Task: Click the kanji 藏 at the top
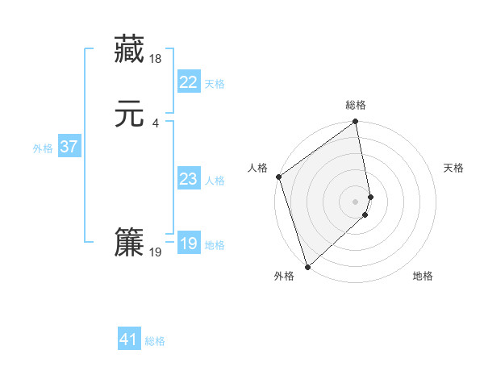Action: click(129, 49)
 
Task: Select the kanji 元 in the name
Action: click(129, 114)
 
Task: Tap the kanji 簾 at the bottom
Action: click(129, 242)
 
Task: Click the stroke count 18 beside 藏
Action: click(156, 59)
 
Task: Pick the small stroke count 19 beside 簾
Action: click(156, 252)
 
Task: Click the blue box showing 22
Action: click(188, 82)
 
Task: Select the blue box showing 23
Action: click(188, 179)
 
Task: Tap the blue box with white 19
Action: click(188, 244)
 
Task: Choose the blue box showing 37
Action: click(69, 147)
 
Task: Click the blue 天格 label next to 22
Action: click(215, 84)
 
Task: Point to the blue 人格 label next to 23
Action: click(215, 181)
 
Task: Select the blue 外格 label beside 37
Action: click(43, 148)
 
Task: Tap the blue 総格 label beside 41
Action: click(155, 342)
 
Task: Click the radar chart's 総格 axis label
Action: click(356, 105)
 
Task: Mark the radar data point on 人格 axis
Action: click(279, 177)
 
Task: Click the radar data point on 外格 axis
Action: click(307, 266)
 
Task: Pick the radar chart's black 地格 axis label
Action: click(423, 276)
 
